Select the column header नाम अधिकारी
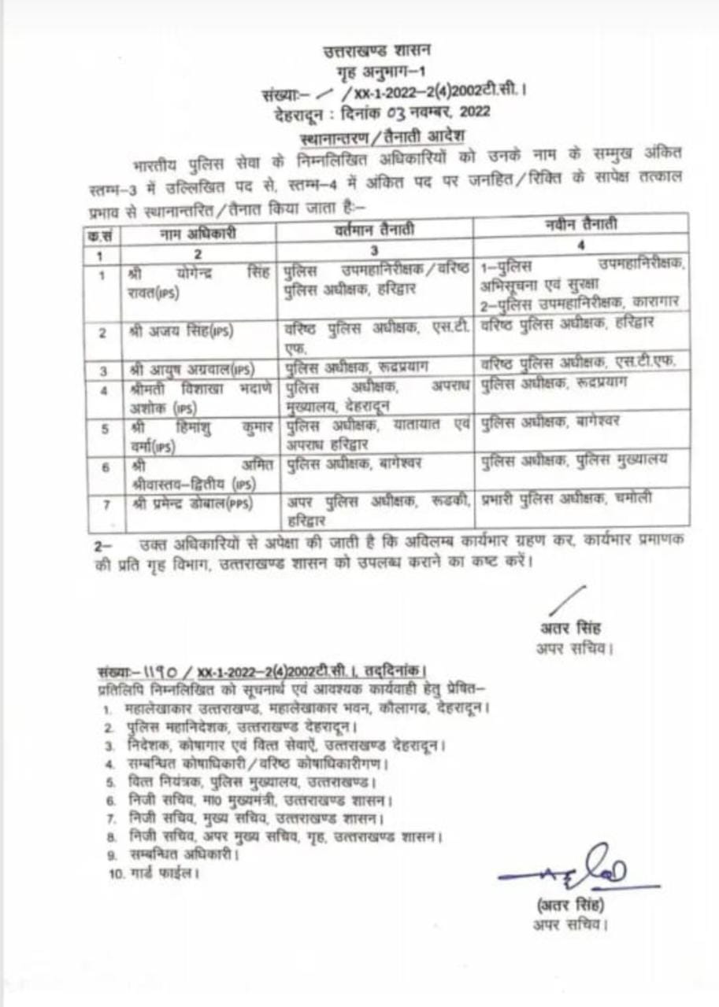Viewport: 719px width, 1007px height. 198,233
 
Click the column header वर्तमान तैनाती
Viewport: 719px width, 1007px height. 374,230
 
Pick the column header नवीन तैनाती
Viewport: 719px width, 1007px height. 581,226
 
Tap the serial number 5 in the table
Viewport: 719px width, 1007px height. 102,429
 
